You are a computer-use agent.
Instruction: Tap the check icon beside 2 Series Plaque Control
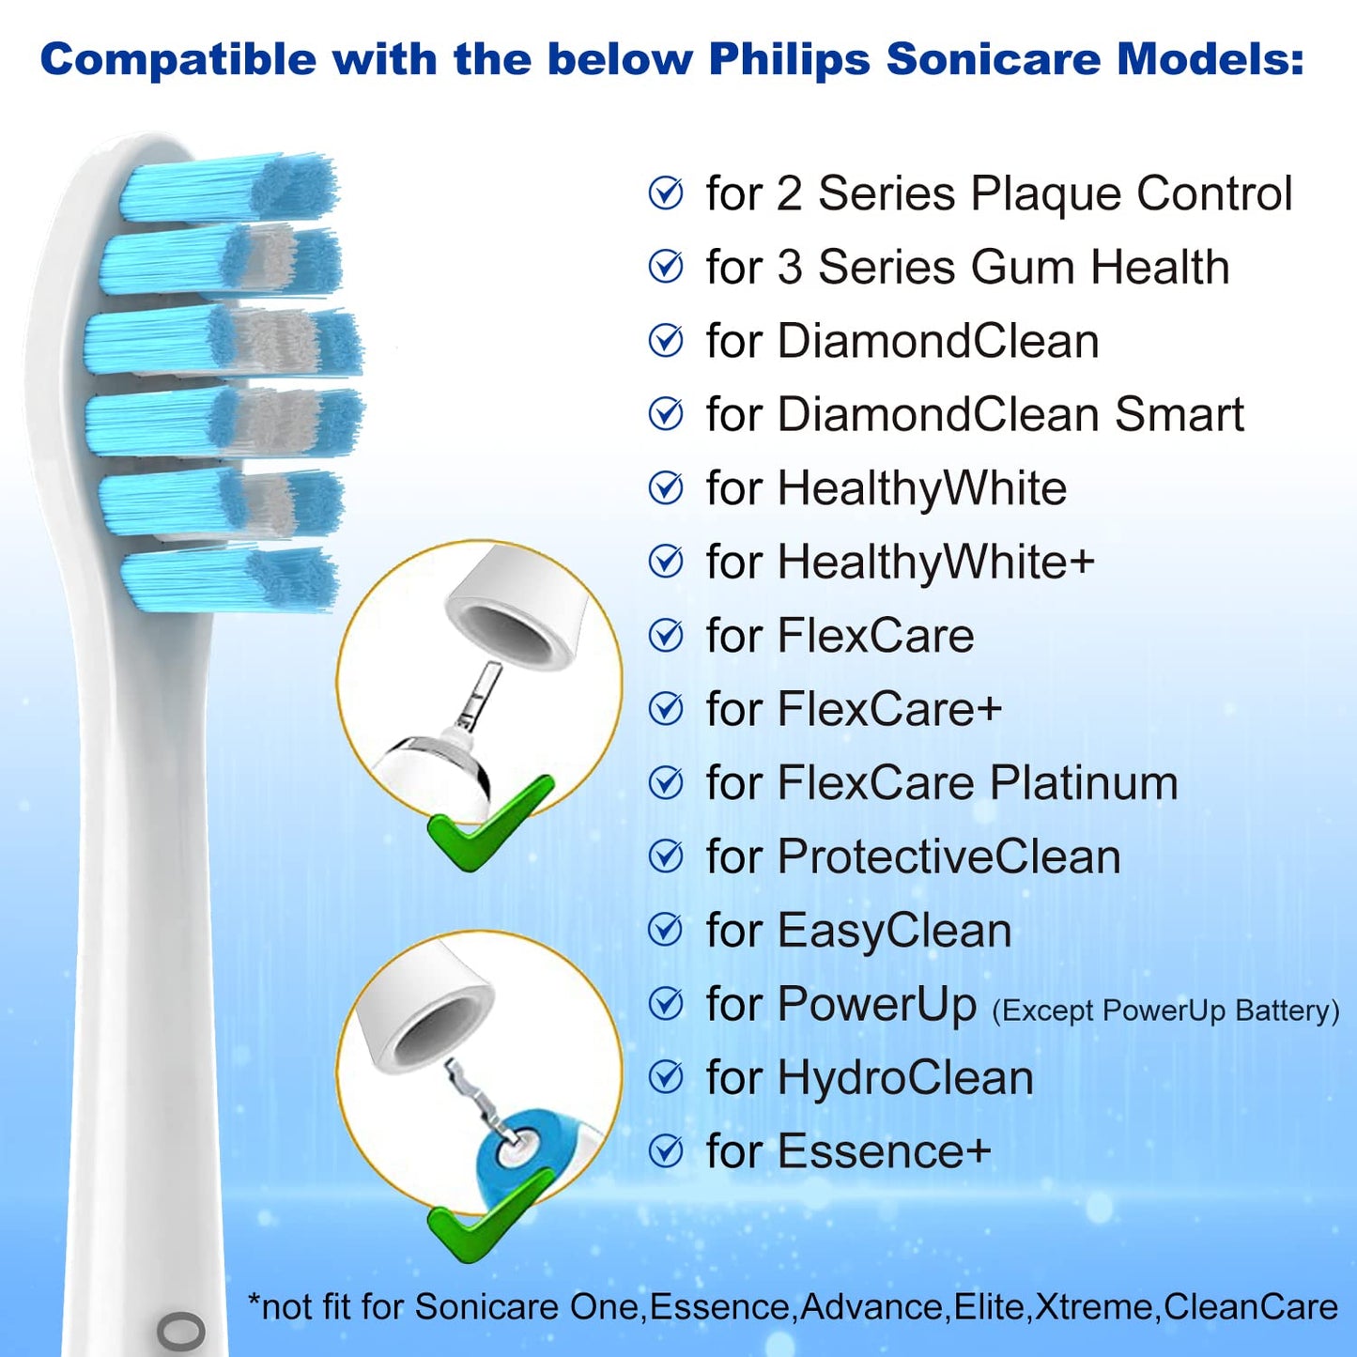click(666, 193)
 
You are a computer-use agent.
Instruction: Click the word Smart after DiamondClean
click(1179, 414)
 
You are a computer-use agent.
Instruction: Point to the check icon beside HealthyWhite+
click(666, 562)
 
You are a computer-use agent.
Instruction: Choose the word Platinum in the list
click(1084, 783)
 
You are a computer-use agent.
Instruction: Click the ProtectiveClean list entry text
click(913, 856)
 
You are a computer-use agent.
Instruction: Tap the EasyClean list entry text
click(858, 931)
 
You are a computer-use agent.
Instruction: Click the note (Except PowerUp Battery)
click(1165, 1010)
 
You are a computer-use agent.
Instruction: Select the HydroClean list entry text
click(870, 1077)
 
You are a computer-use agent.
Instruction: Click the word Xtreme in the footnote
click(1096, 1307)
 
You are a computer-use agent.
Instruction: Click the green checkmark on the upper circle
click(488, 823)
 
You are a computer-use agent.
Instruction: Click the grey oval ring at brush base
click(181, 1331)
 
